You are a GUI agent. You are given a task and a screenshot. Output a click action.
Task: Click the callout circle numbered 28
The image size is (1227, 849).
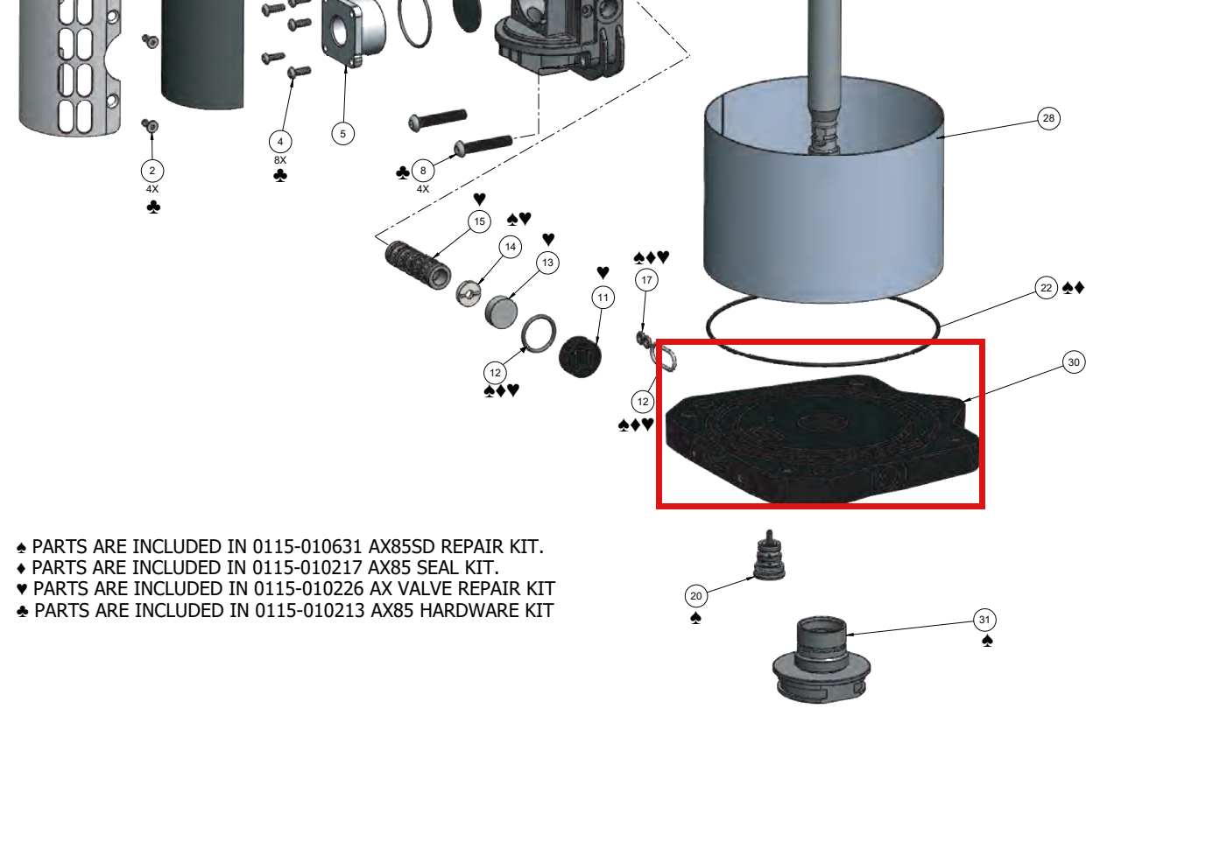[x=1048, y=118]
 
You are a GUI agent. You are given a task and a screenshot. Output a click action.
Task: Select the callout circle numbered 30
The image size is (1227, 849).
[x=1074, y=362]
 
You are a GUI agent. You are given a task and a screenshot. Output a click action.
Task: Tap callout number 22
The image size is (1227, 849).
[x=1047, y=288]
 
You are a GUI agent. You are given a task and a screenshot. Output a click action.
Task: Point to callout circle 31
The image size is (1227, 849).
[x=985, y=620]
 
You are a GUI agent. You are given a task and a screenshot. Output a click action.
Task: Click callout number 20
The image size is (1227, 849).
[x=696, y=595]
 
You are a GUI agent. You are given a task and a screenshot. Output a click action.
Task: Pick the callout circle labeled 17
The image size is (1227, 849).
[x=647, y=280]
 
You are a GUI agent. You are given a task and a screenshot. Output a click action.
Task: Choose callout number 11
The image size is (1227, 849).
[x=603, y=298]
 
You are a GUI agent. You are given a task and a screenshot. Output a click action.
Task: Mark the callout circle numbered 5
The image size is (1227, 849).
[x=343, y=134]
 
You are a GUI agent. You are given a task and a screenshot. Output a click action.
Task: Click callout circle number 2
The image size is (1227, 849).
[x=152, y=171]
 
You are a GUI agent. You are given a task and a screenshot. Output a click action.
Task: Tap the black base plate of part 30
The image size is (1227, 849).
[x=822, y=438]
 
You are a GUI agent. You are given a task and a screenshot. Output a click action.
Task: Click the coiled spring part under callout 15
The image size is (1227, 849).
[x=418, y=265]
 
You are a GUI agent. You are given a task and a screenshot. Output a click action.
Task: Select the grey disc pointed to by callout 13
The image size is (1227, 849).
[x=501, y=312]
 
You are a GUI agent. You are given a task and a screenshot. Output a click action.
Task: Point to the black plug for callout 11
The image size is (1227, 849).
[x=580, y=357]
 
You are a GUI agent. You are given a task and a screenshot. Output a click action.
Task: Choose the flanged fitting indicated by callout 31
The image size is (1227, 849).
[x=822, y=660]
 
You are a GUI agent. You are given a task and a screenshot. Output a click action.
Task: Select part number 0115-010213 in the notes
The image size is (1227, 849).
[x=309, y=611]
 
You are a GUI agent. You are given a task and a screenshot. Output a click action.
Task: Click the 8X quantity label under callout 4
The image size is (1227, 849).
[x=280, y=160]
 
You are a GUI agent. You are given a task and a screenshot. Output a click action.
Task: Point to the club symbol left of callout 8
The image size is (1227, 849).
[x=403, y=173]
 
